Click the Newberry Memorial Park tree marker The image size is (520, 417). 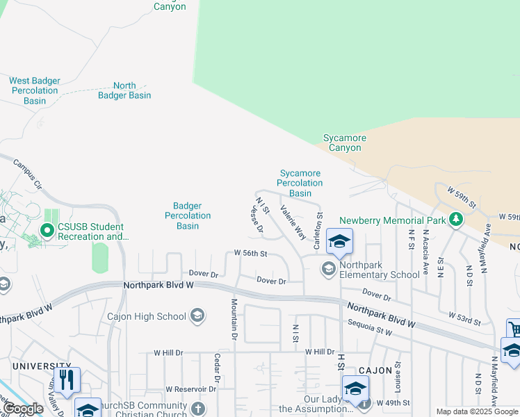tap(456, 220)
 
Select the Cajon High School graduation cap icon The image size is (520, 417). tap(197, 316)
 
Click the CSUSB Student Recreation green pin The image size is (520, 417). tap(47, 230)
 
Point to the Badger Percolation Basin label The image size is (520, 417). tap(188, 215)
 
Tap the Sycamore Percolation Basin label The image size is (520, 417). tap(300, 183)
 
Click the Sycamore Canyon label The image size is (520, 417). tap(345, 142)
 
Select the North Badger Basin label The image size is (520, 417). tap(124, 90)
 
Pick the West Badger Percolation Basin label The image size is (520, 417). tap(35, 90)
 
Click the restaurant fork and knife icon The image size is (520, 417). tap(67, 379)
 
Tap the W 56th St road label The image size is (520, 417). tap(251, 254)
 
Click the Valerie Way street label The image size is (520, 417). tap(293, 222)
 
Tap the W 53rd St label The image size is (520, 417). tap(465, 319)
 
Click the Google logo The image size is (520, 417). tap(23, 409)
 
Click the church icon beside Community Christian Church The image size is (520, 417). tap(197, 409)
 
